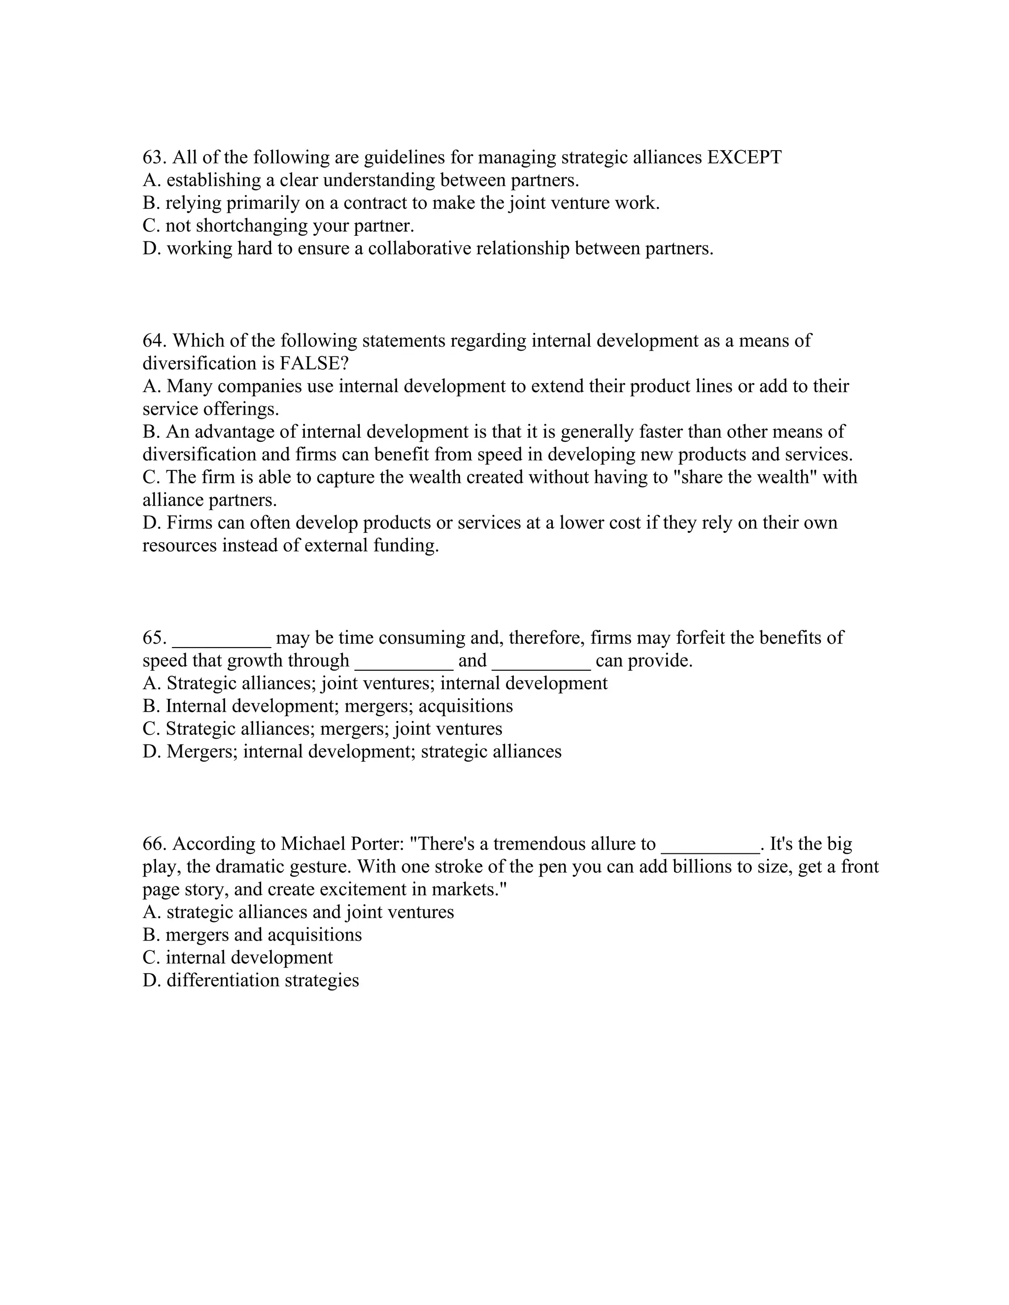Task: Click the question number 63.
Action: click(x=154, y=157)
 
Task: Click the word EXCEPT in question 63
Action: click(x=744, y=157)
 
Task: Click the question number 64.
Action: click(x=154, y=341)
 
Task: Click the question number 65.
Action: click(x=154, y=638)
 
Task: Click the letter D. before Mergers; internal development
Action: click(x=152, y=751)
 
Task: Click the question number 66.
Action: click(x=154, y=844)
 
